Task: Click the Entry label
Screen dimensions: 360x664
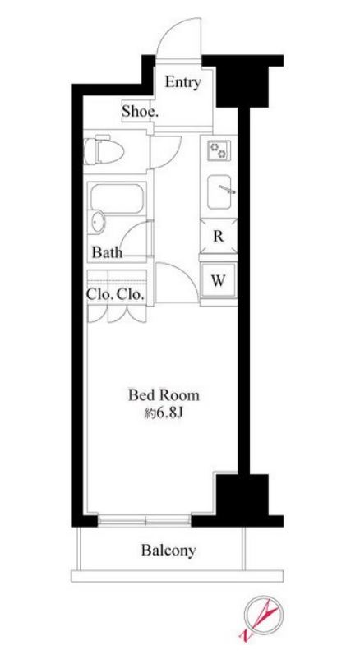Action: [x=182, y=82]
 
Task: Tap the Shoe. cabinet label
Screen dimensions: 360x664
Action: [x=140, y=112]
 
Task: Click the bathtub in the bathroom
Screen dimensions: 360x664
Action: [x=117, y=198]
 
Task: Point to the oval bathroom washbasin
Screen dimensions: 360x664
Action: [x=98, y=220]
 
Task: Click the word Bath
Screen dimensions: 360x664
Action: [x=107, y=253]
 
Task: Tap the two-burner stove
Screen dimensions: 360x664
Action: [x=219, y=150]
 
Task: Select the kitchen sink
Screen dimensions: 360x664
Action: [x=219, y=191]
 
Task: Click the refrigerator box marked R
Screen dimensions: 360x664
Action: [x=219, y=237]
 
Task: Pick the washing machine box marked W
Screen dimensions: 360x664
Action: [x=219, y=280]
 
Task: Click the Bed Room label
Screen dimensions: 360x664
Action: [x=164, y=395]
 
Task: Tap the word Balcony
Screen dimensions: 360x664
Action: [x=168, y=550]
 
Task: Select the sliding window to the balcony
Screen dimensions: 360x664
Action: [x=145, y=520]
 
